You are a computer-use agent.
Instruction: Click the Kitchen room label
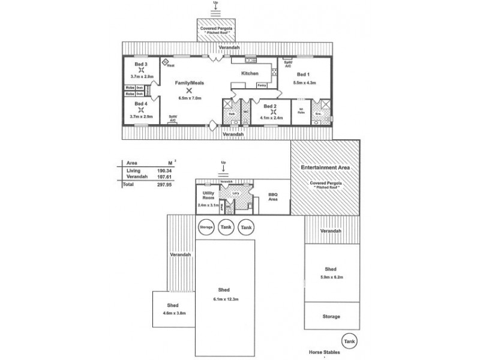coord(250,73)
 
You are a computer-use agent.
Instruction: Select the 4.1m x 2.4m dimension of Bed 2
coord(273,118)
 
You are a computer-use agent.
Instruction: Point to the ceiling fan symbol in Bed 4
coord(141,110)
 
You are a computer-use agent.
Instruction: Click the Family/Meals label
coord(188,82)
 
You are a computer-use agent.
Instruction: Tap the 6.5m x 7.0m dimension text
coord(189,98)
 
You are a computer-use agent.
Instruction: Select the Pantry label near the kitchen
coord(262,86)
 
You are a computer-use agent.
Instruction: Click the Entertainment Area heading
coord(326,168)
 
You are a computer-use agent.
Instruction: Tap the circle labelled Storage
coord(206,227)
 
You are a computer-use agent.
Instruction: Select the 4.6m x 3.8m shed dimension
coord(173,312)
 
